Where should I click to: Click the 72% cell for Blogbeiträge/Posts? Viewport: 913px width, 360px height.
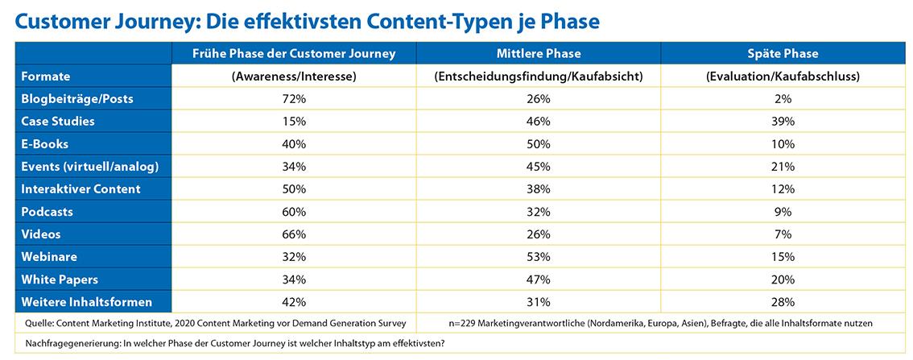294,99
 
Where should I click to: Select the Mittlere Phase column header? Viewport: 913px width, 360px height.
539,54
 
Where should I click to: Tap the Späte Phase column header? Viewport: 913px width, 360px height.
783,54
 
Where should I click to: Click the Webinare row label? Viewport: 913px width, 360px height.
49,257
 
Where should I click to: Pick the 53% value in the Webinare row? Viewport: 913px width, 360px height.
539,257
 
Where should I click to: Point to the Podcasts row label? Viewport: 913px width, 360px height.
48,212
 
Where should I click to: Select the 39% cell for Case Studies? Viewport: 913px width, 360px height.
783,122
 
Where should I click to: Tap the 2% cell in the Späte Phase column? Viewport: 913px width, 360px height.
783,99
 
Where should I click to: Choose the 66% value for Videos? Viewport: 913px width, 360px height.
294,234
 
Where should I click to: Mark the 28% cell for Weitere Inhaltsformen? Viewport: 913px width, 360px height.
783,302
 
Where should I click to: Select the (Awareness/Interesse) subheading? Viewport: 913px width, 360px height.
294,77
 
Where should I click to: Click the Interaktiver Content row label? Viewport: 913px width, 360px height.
81,189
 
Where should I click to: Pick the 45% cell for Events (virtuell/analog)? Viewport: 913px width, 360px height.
539,167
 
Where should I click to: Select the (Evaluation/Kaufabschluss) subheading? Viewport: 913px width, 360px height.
783,77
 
